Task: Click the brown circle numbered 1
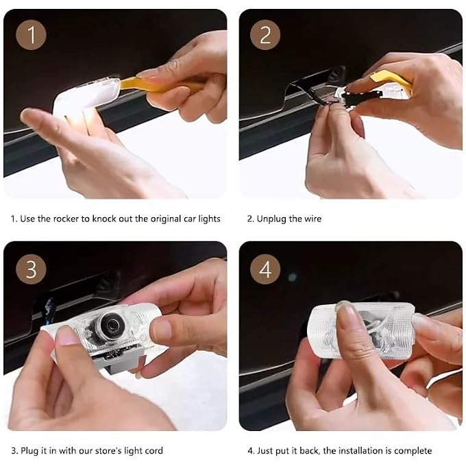(x=31, y=35)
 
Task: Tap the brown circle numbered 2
(x=265, y=35)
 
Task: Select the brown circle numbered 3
(x=31, y=269)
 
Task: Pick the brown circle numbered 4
(x=265, y=269)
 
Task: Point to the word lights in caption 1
(x=209, y=219)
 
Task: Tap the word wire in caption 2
(x=313, y=219)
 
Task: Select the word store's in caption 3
(x=110, y=450)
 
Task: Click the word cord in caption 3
(x=154, y=450)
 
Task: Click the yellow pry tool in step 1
(x=160, y=84)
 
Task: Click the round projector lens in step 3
(x=111, y=325)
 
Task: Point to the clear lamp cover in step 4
(x=361, y=330)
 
